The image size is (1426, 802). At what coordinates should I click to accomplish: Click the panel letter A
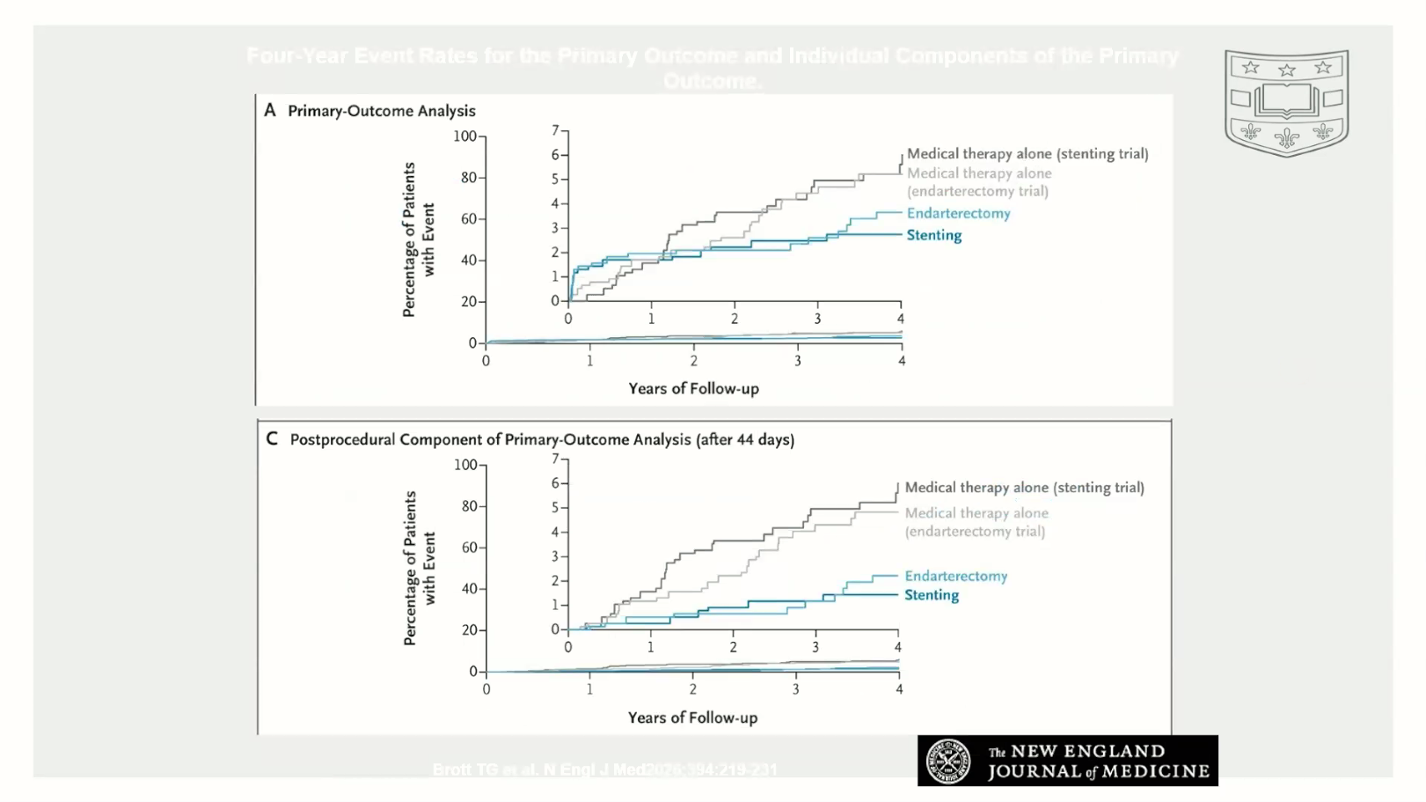(x=270, y=110)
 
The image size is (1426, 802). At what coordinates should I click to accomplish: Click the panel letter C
(x=272, y=438)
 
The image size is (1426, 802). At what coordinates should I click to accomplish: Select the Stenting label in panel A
(x=933, y=235)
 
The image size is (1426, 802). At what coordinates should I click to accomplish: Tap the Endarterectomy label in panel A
(x=958, y=213)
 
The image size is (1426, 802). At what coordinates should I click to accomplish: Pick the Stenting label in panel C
(x=932, y=595)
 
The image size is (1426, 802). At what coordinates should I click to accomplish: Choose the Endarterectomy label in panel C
(x=955, y=576)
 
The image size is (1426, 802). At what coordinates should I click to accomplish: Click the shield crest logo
(x=1286, y=102)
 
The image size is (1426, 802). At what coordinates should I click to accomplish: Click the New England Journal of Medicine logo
(x=1067, y=761)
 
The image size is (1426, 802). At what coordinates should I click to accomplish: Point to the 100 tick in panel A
(x=464, y=136)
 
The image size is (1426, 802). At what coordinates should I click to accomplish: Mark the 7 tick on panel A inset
(x=555, y=130)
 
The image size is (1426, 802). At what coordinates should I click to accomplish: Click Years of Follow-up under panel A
(x=693, y=388)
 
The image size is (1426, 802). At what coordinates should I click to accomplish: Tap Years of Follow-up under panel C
(x=692, y=717)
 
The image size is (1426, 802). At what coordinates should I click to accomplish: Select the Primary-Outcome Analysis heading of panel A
(x=382, y=111)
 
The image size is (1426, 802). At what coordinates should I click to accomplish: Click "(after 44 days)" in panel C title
(x=745, y=439)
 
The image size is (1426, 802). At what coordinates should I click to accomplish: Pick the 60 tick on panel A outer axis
(x=470, y=219)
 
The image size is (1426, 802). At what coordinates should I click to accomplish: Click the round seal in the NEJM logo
(x=948, y=761)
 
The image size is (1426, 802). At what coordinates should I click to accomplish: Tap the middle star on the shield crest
(x=1287, y=70)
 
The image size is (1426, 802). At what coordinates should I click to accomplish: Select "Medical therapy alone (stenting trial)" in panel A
(x=1027, y=154)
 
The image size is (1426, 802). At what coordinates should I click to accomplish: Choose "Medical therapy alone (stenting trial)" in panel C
(x=1024, y=488)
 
